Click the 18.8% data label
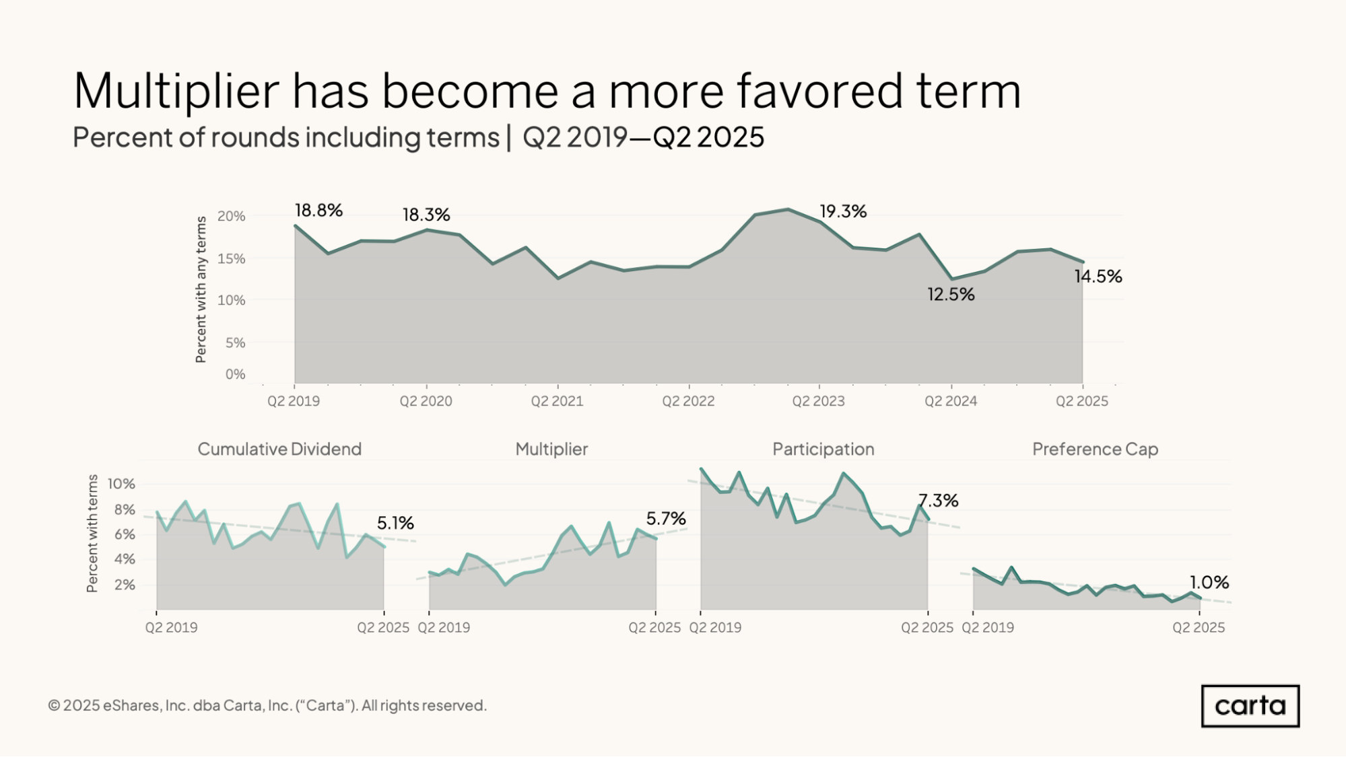click(x=318, y=211)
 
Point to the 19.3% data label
click(x=843, y=211)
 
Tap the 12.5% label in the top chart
click(x=951, y=294)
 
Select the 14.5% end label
click(x=1098, y=276)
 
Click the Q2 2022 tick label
click(x=688, y=401)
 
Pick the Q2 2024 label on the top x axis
click(x=951, y=401)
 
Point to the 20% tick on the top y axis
click(x=231, y=216)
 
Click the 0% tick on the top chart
click(x=235, y=374)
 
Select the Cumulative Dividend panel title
click(x=279, y=449)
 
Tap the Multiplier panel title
click(x=551, y=449)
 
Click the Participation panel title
click(x=823, y=449)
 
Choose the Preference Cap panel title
click(x=1095, y=449)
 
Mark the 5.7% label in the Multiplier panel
click(x=666, y=518)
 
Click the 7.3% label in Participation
click(x=938, y=500)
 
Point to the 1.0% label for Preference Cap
click(x=1209, y=582)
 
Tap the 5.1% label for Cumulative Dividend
click(x=395, y=523)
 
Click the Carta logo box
click(x=1250, y=706)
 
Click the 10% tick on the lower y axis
click(x=121, y=484)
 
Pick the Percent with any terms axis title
click(x=201, y=289)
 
